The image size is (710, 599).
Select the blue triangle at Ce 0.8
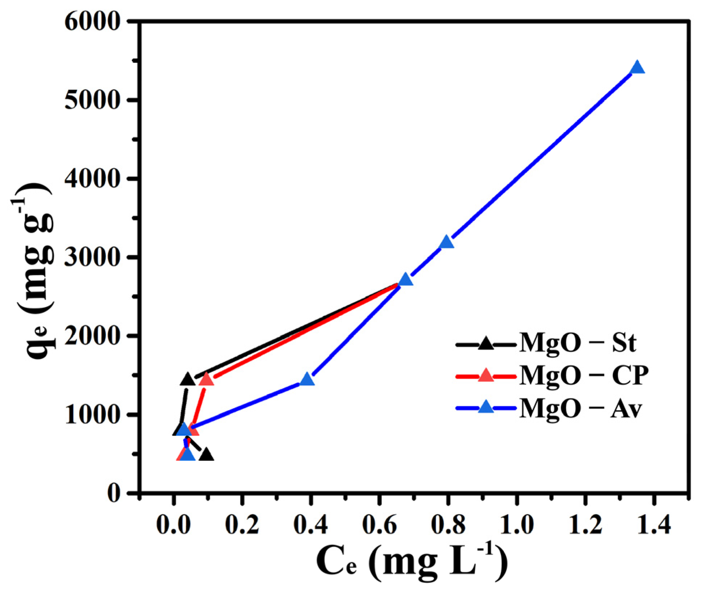point(447,242)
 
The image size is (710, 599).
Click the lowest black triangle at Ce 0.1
point(206,455)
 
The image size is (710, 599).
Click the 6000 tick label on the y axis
point(92,22)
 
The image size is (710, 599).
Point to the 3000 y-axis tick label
point(92,257)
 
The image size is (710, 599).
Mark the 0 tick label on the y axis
point(114,493)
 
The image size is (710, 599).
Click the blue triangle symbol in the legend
point(486,407)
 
